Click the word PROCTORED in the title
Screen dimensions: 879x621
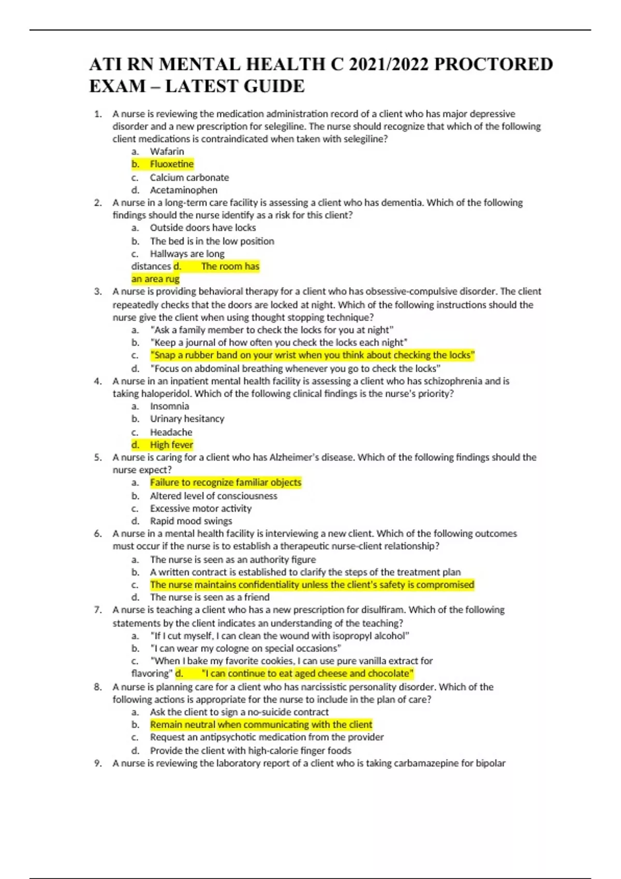coord(493,64)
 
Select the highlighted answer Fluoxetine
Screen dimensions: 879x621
coord(171,164)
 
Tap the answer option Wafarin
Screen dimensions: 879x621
coord(167,151)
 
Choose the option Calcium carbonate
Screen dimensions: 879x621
coord(189,177)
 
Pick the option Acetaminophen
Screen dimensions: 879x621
coord(183,190)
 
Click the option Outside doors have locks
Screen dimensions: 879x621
coord(202,228)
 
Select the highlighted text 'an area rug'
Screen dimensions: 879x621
coord(155,279)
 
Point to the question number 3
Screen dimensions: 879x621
coord(98,291)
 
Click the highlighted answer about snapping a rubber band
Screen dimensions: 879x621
coord(312,355)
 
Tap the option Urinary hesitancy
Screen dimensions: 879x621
coord(187,419)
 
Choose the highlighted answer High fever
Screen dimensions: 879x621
coord(171,445)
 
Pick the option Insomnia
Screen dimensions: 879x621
coord(169,406)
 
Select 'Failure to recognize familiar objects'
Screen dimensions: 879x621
coord(225,482)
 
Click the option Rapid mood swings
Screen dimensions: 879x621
coord(190,521)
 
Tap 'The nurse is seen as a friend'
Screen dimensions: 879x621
coord(209,597)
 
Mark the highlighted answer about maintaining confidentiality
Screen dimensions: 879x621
coord(312,585)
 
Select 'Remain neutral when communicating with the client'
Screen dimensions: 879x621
coord(261,724)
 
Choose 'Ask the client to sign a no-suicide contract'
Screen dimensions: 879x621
coord(239,712)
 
